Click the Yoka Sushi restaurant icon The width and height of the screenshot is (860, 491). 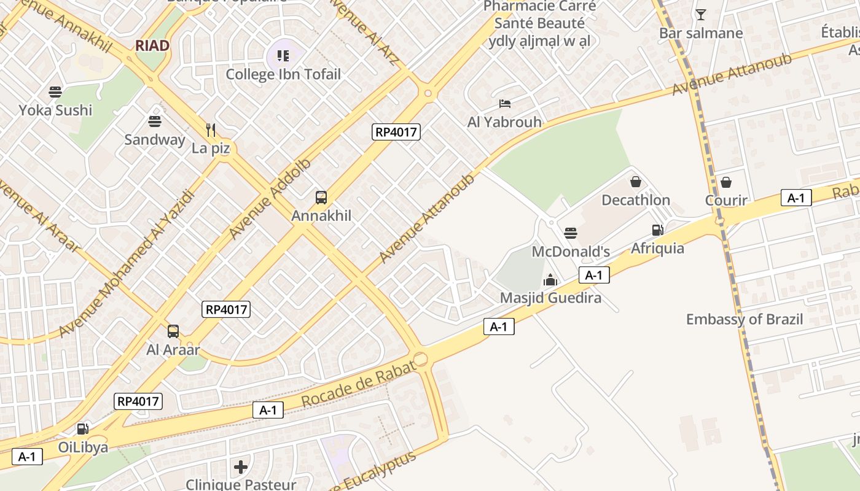pos(55,93)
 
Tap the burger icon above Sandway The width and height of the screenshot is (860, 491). pos(154,122)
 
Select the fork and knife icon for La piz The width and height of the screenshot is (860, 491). pos(211,130)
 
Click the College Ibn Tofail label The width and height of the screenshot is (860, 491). pos(283,74)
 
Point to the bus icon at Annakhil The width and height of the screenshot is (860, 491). pos(321,198)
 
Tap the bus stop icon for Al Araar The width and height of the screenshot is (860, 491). pos(173,331)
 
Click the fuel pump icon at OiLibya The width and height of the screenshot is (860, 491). pos(82,428)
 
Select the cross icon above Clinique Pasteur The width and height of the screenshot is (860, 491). pos(241,467)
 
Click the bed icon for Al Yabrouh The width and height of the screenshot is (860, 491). pos(505,104)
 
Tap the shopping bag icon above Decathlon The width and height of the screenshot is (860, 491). pos(636,182)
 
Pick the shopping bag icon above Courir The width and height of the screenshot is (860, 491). pos(726,182)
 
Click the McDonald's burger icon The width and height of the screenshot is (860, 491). pos(571,233)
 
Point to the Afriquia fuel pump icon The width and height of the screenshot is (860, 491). pos(657,230)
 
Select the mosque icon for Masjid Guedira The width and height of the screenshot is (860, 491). pos(550,280)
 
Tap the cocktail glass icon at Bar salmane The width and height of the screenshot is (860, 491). pos(701,15)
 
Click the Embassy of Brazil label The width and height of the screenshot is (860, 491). pos(745,319)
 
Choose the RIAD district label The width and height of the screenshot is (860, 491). pos(152,45)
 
